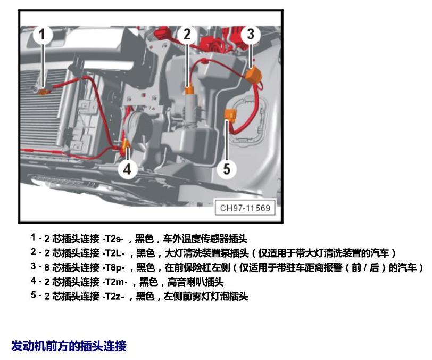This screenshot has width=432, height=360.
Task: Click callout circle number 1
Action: click(x=42, y=35)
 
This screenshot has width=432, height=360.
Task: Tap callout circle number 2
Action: click(x=187, y=35)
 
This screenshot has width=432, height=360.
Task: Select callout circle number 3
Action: click(x=251, y=35)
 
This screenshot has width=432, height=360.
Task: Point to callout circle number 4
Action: click(x=128, y=169)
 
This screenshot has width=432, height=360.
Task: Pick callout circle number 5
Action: click(x=227, y=169)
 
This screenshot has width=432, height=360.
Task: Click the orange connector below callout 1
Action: click(x=43, y=92)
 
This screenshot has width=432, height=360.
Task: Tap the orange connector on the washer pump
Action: click(x=189, y=89)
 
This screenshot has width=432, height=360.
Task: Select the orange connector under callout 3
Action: click(x=252, y=75)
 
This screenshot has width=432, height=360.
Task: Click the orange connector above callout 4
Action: click(x=126, y=144)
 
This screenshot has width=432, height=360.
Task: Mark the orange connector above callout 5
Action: click(x=230, y=116)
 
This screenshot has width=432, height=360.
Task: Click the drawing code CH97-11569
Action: click(x=245, y=208)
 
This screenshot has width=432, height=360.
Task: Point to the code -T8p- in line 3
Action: click(x=113, y=267)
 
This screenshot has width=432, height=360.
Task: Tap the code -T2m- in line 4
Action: click(x=115, y=282)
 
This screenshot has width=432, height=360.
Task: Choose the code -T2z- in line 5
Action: click(x=113, y=296)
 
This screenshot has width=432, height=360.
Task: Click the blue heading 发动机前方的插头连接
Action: click(x=69, y=346)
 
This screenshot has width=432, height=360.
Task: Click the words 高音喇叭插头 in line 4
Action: click(x=195, y=282)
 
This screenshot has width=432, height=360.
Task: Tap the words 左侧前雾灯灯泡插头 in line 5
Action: click(x=206, y=296)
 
